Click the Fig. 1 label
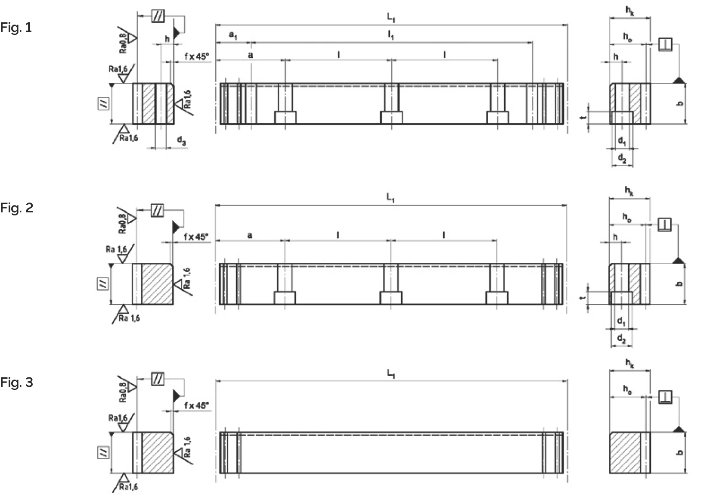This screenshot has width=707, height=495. point(16,28)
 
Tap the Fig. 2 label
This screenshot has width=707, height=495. point(16,208)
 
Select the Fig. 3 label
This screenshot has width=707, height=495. point(16,383)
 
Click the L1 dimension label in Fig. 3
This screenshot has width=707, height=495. point(391,374)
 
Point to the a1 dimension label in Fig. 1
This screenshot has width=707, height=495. point(233,35)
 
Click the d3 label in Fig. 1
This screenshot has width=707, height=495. point(182,140)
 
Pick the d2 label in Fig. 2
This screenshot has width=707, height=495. point(621,339)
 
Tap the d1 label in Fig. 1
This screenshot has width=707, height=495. point(622,141)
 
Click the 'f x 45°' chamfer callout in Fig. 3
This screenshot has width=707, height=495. point(196,405)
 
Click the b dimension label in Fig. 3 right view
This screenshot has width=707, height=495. point(680,452)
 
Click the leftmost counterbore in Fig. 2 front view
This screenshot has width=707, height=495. point(285,298)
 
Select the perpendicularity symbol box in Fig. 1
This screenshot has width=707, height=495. point(665,44)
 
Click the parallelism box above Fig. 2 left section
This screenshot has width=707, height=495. point(157,211)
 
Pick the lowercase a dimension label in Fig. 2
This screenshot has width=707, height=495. point(250,236)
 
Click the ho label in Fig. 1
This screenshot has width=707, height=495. point(628,37)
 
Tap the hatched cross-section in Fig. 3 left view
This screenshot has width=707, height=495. point(158,452)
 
